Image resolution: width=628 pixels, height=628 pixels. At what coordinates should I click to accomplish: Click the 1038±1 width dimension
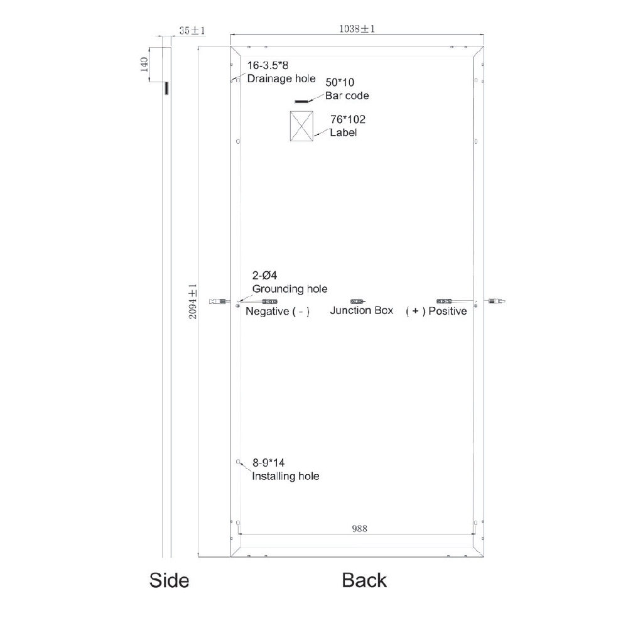pos(357,29)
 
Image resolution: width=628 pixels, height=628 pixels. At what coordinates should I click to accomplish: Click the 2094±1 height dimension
pos(193,301)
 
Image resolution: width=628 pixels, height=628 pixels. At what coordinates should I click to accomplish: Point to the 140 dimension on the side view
pos(144,65)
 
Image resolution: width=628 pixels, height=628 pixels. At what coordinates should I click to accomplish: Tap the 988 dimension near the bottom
pos(359,529)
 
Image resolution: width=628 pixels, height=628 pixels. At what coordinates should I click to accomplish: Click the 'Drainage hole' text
pos(281,79)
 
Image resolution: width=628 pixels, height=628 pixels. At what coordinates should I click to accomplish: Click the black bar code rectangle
pos(302,101)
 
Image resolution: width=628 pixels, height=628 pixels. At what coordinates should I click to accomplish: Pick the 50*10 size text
pos(340,82)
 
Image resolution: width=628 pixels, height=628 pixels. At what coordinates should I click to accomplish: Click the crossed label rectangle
pos(302,126)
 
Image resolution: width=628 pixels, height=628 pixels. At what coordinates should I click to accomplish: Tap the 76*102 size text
pos(348,119)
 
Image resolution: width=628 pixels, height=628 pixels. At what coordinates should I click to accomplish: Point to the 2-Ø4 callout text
pos(264,276)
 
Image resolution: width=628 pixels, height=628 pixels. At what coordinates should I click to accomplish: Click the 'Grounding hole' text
pos(290,289)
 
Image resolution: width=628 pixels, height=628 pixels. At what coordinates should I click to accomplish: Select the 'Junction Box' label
pos(361,310)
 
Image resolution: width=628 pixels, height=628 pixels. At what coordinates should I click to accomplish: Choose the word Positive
pos(447,311)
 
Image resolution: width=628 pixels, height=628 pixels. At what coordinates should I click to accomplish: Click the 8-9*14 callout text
pos(269,463)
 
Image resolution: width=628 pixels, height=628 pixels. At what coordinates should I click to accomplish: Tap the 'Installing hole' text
pos(285,476)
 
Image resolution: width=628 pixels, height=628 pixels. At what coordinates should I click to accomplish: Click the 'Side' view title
pos(169,580)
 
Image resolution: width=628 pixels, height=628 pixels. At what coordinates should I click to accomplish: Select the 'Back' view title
pos(364,580)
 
